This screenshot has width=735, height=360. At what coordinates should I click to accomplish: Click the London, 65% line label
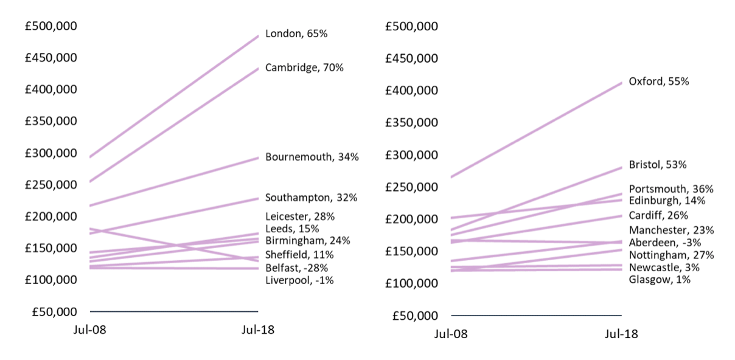pyautogui.click(x=296, y=34)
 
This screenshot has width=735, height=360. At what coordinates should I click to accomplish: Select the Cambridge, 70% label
pyautogui.click(x=304, y=67)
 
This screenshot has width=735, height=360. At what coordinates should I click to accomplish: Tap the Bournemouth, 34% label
pyautogui.click(x=312, y=157)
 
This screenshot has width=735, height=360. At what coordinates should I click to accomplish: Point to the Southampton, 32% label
pyautogui.click(x=311, y=198)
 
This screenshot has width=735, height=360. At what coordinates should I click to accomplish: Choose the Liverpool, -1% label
pyautogui.click(x=299, y=280)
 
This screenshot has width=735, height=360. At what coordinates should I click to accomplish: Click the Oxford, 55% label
pyautogui.click(x=658, y=81)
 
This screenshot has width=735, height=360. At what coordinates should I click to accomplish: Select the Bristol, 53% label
pyautogui.click(x=658, y=165)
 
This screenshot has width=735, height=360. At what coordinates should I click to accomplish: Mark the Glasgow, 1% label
pyautogui.click(x=660, y=280)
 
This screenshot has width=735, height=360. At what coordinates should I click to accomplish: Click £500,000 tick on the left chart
pyautogui.click(x=51, y=26)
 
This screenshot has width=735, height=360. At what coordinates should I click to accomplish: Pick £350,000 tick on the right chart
pyautogui.click(x=412, y=122)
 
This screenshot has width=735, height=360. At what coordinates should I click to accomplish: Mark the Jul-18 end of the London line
pyautogui.click(x=259, y=36)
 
